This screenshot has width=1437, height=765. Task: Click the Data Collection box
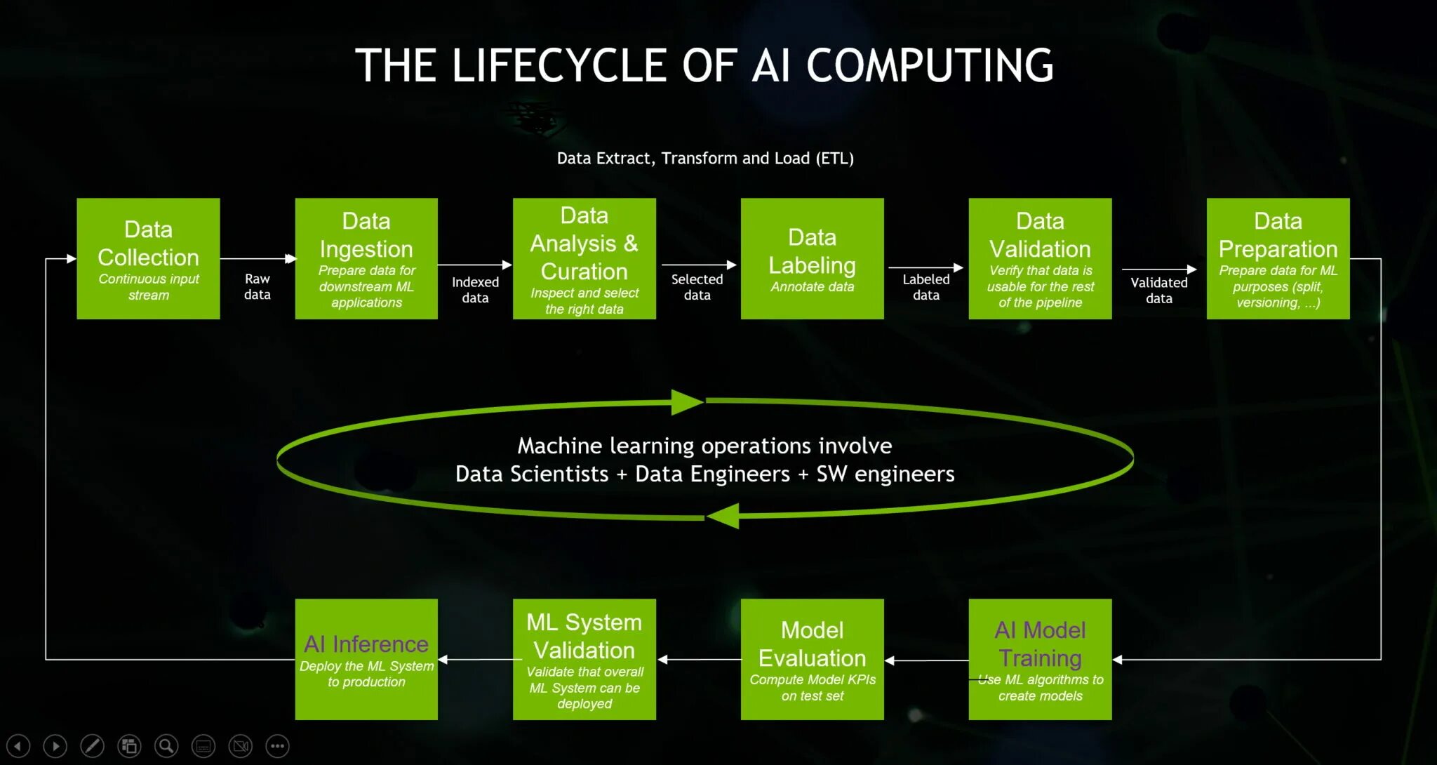click(x=148, y=258)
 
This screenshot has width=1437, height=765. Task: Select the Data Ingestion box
click(x=366, y=258)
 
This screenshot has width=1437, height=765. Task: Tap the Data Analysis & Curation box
click(x=584, y=258)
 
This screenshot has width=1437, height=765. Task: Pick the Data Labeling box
click(x=812, y=258)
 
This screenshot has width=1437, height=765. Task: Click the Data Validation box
click(x=1040, y=258)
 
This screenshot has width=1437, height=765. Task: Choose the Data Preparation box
click(x=1278, y=258)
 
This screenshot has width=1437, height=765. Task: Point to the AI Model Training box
click(x=1040, y=659)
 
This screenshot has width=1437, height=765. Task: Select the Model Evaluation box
click(x=812, y=659)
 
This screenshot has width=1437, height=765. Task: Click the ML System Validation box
click(x=584, y=659)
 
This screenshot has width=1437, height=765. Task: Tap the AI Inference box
click(x=366, y=659)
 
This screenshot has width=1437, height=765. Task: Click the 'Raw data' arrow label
click(x=258, y=286)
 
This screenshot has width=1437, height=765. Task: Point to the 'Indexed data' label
click(x=475, y=289)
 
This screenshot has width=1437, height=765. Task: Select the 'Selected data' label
click(x=697, y=286)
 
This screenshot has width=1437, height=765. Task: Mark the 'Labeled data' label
click(x=925, y=286)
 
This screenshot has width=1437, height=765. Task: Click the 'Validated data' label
click(x=1158, y=290)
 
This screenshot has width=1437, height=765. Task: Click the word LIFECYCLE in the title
click(x=559, y=65)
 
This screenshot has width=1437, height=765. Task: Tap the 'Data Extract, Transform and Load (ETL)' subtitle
click(x=705, y=158)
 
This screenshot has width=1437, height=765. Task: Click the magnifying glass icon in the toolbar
click(x=166, y=745)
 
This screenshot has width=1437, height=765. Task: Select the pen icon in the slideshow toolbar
click(x=92, y=745)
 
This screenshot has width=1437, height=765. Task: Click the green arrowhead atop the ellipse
click(x=686, y=402)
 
